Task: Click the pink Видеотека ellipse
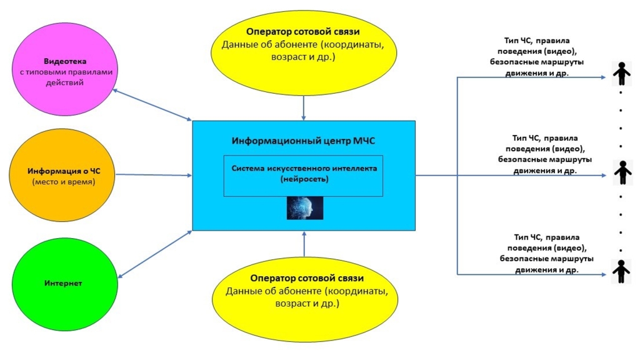pyautogui.click(x=63, y=72)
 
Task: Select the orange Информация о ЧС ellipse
pyautogui.click(x=62, y=175)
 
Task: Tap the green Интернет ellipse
pyautogui.click(x=63, y=283)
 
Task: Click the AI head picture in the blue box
pyautogui.click(x=305, y=208)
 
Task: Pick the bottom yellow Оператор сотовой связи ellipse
pyautogui.click(x=304, y=294)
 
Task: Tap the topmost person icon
pyautogui.click(x=621, y=73)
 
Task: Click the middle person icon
pyautogui.click(x=621, y=172)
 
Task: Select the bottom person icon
pyautogui.click(x=621, y=271)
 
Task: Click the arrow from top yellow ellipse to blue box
pyautogui.click(x=304, y=107)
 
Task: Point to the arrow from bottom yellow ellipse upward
pyautogui.click(x=304, y=244)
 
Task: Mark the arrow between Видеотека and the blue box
pyautogui.click(x=152, y=104)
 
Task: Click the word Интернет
pyautogui.click(x=63, y=283)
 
